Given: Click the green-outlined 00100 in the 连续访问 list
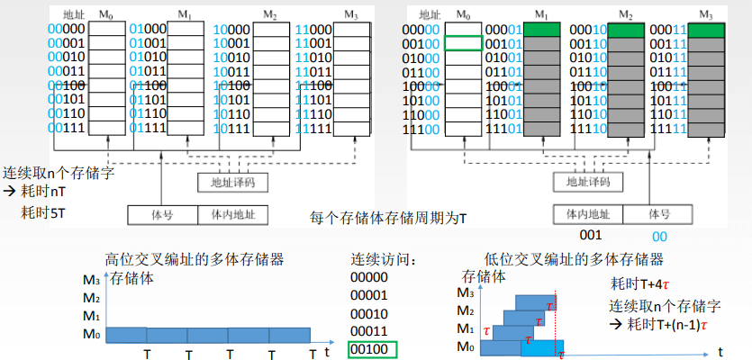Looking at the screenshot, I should click(x=372, y=349).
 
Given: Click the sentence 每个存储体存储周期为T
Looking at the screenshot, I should click(x=388, y=218).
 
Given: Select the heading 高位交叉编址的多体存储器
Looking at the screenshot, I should click(x=195, y=259).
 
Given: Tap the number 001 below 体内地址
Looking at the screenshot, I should click(x=590, y=236).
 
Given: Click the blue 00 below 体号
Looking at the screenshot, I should click(x=659, y=236).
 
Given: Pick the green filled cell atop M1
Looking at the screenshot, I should click(x=540, y=29).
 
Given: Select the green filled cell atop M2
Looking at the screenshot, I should click(x=626, y=29).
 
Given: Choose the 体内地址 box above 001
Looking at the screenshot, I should click(x=588, y=214).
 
